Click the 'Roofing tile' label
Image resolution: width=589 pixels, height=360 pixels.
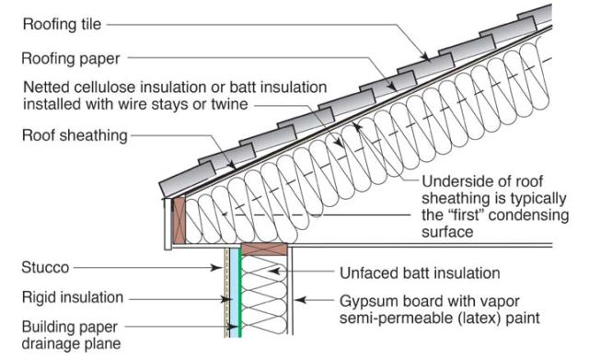62,25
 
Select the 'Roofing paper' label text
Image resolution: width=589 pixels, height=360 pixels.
71,59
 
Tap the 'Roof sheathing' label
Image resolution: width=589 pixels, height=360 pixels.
75,135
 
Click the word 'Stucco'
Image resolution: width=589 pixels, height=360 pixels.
45,268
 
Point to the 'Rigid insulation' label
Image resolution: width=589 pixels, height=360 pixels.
73,297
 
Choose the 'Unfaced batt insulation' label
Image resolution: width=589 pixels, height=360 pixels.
420,273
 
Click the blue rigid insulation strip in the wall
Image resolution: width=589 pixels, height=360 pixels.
234,293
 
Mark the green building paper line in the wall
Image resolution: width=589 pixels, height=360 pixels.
240,293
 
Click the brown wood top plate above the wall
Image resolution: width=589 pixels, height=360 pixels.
264,250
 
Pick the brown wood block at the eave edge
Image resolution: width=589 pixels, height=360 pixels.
179,221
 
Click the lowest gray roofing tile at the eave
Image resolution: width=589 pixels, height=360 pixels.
188,180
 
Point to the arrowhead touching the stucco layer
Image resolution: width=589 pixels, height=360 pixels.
217,268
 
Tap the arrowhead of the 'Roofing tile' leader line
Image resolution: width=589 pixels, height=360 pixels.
425,57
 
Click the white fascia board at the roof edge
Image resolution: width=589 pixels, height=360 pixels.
167,224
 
